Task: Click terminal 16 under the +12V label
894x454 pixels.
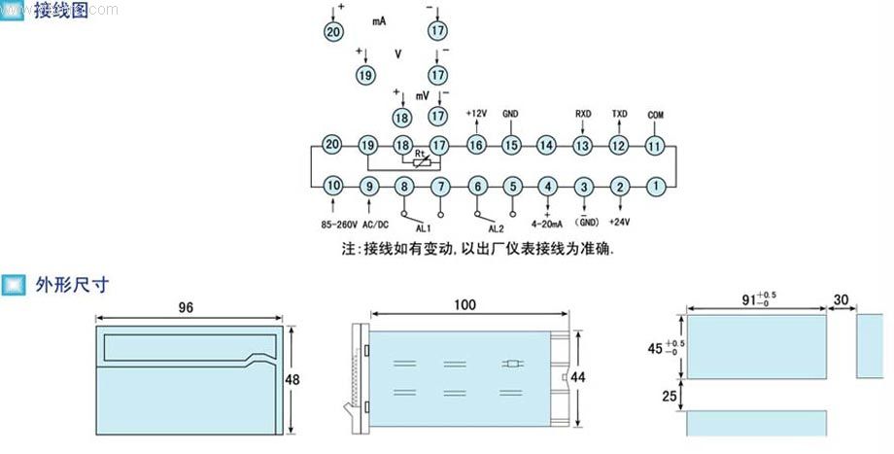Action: (475, 145)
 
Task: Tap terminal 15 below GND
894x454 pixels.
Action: (511, 145)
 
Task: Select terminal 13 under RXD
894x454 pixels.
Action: (582, 145)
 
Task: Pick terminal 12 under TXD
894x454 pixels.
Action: (619, 145)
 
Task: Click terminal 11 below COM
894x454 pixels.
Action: (655, 145)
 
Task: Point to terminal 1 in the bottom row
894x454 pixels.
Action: (657, 185)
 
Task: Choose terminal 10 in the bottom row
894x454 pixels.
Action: (332, 185)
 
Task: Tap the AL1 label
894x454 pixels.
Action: (423, 228)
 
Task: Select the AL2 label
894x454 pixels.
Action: (496, 228)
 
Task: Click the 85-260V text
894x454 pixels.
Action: (340, 223)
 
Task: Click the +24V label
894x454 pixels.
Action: (620, 223)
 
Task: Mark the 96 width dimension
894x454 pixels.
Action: (186, 306)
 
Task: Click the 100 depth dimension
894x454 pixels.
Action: (464, 305)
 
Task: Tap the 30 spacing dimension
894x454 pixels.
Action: (842, 300)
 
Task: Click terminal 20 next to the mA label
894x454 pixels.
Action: (333, 32)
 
